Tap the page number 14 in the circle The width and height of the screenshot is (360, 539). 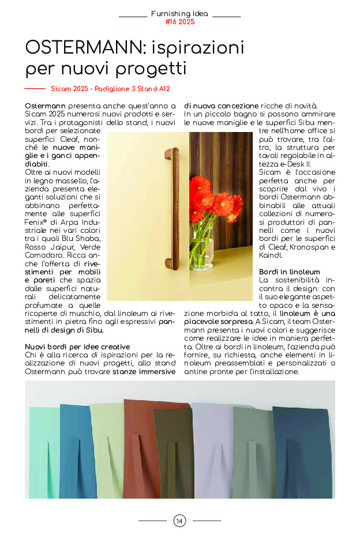pos(179,521)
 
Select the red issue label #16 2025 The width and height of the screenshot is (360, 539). pos(179,22)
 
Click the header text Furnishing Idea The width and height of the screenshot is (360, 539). pos(179,13)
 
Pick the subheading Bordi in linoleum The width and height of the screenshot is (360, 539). pos(289,272)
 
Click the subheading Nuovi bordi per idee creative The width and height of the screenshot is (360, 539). pos(77,346)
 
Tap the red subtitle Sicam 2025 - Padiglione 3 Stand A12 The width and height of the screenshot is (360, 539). pos(110,89)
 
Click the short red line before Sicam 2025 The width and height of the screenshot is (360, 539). pos(35,89)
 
